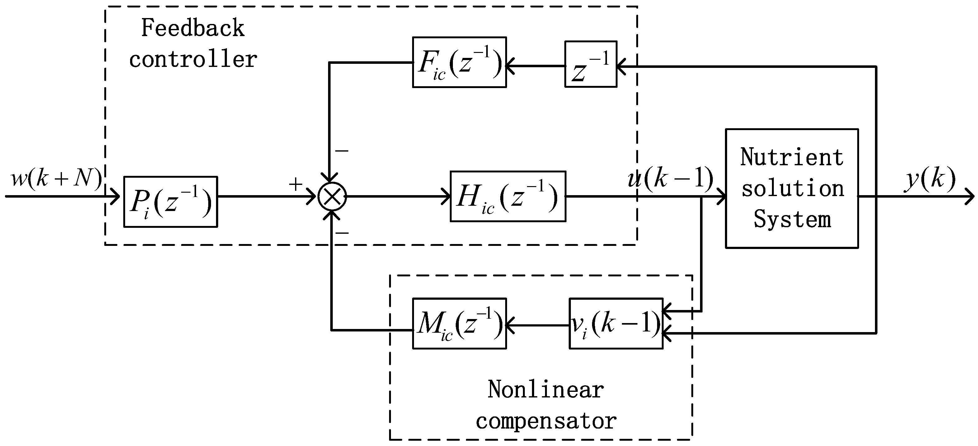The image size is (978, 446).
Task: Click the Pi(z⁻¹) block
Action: tap(171, 202)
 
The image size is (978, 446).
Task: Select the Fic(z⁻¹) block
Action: tap(459, 62)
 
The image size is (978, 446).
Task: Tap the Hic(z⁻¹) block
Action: tap(508, 196)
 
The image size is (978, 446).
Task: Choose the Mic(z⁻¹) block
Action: tap(459, 323)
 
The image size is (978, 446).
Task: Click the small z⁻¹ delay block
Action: tap(590, 64)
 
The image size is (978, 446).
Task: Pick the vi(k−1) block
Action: tap(616, 323)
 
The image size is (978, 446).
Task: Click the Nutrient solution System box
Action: tap(792, 189)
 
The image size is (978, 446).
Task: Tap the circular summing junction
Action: tap(332, 196)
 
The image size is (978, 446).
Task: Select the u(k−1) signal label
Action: tap(670, 178)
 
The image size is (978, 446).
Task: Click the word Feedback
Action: tap(193, 28)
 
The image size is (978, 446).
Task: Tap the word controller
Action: tap(193, 59)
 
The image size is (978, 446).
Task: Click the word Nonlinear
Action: tap(546, 390)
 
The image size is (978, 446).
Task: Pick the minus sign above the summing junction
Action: tap(341, 151)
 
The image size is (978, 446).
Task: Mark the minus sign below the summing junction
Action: tap(342, 232)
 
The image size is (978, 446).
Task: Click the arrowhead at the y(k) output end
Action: tap(970, 197)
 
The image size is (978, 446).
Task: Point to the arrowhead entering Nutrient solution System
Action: tap(721, 197)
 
